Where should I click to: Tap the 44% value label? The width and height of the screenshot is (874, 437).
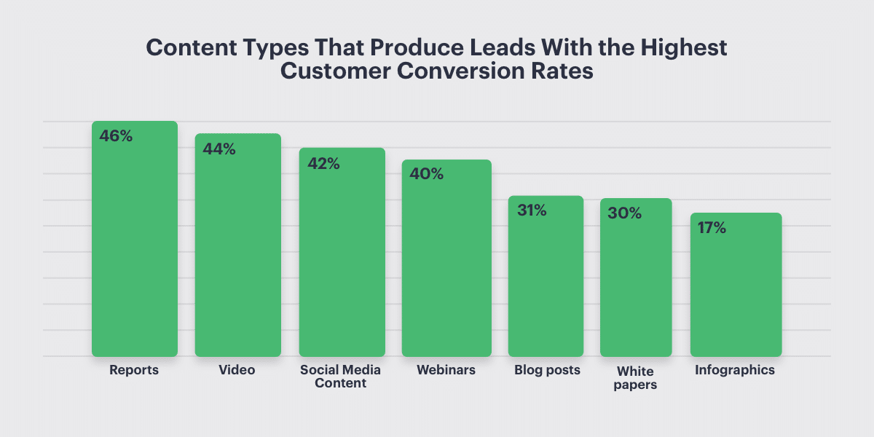pos(219,149)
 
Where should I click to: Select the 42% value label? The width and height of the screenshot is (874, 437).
pos(323,164)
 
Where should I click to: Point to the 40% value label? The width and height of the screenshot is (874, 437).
pos(427,175)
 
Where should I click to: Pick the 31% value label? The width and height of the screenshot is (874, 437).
pos(532,210)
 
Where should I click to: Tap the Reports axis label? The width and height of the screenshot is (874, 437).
pos(134,370)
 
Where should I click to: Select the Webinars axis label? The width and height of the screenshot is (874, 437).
pos(446,370)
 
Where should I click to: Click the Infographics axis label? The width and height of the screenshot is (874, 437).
pos(735,370)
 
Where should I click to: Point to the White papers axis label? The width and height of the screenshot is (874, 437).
pos(636,377)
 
